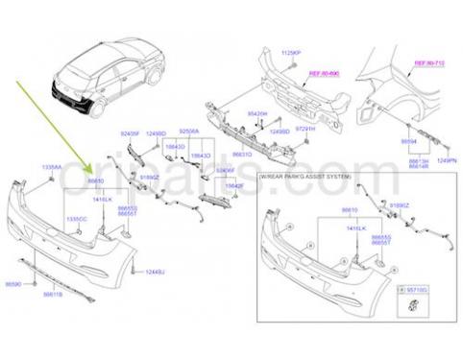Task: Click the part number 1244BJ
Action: tap(156, 273)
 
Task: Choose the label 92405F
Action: tap(131, 133)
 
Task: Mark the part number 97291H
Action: tap(305, 129)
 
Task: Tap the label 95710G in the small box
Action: tap(415, 287)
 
